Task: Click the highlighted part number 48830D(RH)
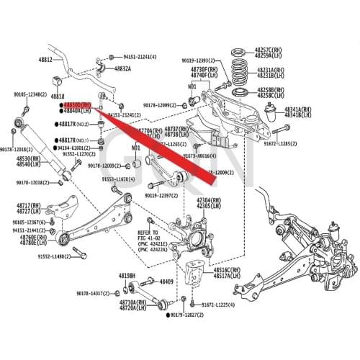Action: [x=76, y=104]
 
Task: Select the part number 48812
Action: [x=45, y=60]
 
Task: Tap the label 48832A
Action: [x=120, y=69]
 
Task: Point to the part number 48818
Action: [x=58, y=96]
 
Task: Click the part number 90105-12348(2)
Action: [x=28, y=94]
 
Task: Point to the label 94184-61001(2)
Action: [x=79, y=146]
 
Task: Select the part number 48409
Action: [x=166, y=282]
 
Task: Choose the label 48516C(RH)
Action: [x=228, y=269]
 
